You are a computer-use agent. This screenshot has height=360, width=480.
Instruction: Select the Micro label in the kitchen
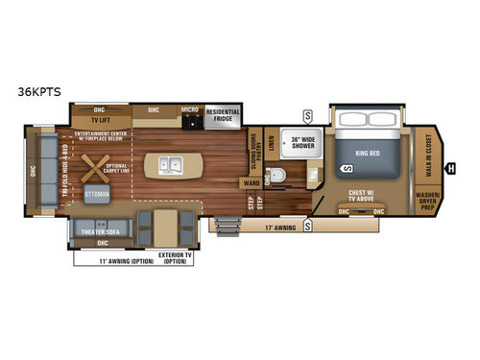click(190, 109)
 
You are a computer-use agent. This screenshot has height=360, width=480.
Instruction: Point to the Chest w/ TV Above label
click(362, 195)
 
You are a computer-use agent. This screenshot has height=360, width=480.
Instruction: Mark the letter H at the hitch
click(451, 170)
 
